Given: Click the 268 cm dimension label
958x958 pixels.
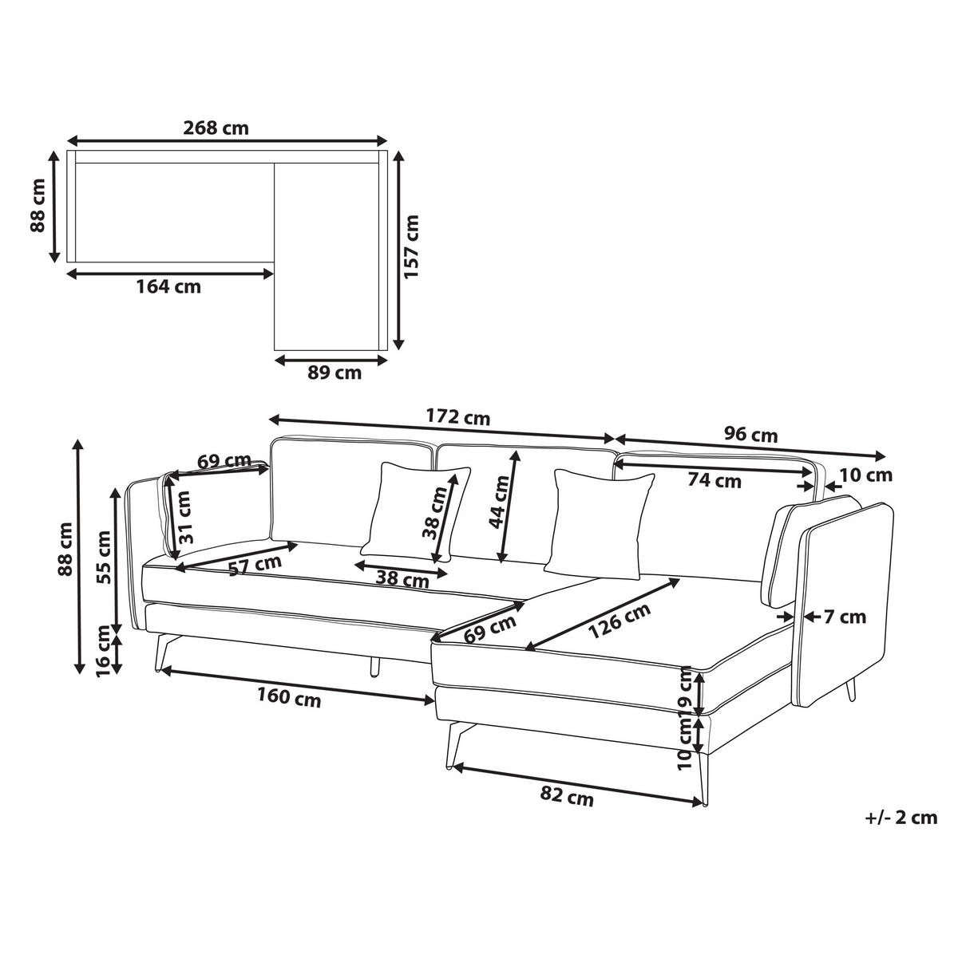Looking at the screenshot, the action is point(216,128).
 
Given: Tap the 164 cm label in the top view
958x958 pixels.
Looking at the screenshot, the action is point(168,287).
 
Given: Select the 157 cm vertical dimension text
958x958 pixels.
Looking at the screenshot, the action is point(412,246).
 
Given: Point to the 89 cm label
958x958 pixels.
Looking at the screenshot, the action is point(334,373).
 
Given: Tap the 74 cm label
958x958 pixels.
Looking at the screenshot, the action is point(715,481).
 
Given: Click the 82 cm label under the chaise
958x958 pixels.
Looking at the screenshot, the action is point(567,797).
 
